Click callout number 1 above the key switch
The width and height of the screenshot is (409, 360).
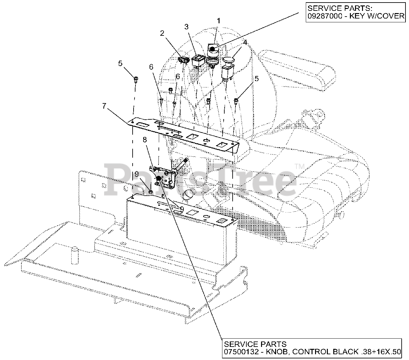click(219, 21)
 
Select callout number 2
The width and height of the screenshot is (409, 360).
click(162, 33)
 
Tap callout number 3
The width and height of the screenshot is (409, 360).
click(186, 27)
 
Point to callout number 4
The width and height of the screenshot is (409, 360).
click(245, 42)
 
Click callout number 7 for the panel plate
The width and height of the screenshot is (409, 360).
click(104, 106)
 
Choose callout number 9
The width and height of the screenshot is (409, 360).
click(137, 175)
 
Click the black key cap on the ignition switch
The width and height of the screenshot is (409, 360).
click(212, 49)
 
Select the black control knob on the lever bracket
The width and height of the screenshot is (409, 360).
click(158, 178)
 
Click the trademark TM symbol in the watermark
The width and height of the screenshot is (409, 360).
click(299, 166)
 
